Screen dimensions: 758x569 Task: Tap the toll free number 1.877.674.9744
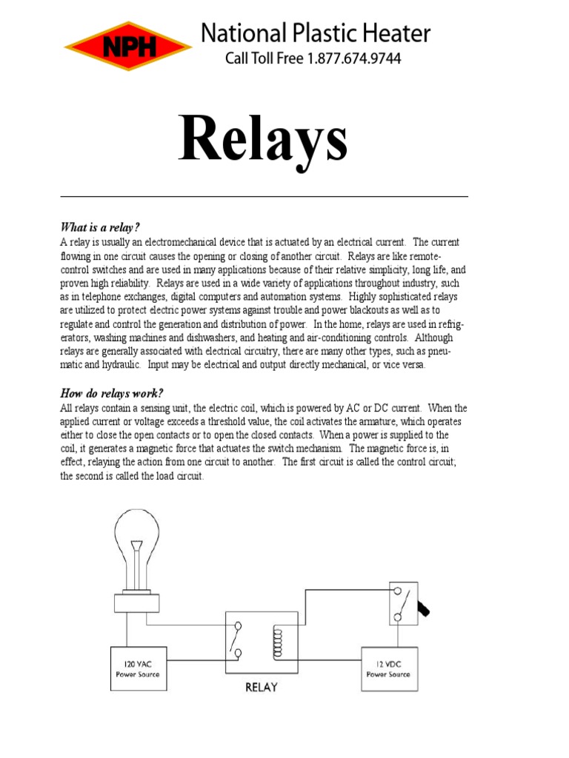[x=351, y=58]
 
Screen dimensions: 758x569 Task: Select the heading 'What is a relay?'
[x=99, y=227]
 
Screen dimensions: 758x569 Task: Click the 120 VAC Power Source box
[x=138, y=668]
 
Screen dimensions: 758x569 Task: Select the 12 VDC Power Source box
[x=388, y=668]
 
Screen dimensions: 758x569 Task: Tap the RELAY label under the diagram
[x=261, y=687]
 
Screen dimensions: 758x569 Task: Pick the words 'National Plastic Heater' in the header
[x=316, y=33]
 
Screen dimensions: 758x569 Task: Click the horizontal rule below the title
[x=264, y=196]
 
